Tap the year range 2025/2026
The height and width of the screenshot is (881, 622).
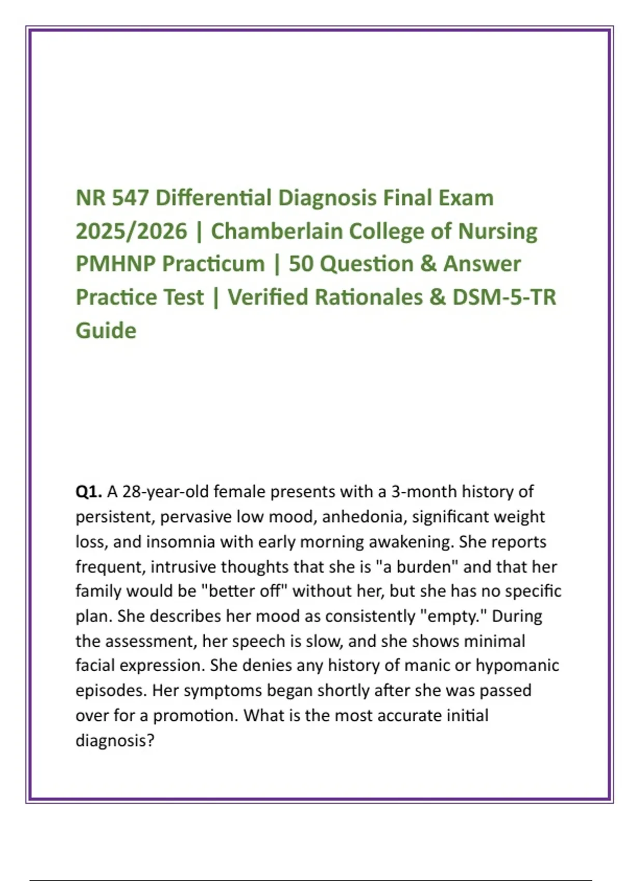click(131, 231)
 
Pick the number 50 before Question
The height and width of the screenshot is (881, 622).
click(301, 264)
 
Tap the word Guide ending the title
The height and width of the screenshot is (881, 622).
click(106, 330)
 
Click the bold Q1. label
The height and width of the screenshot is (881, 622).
click(89, 491)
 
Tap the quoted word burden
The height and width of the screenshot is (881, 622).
click(427, 566)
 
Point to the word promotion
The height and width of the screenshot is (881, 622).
click(196, 716)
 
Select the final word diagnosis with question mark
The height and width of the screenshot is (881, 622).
click(115, 741)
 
